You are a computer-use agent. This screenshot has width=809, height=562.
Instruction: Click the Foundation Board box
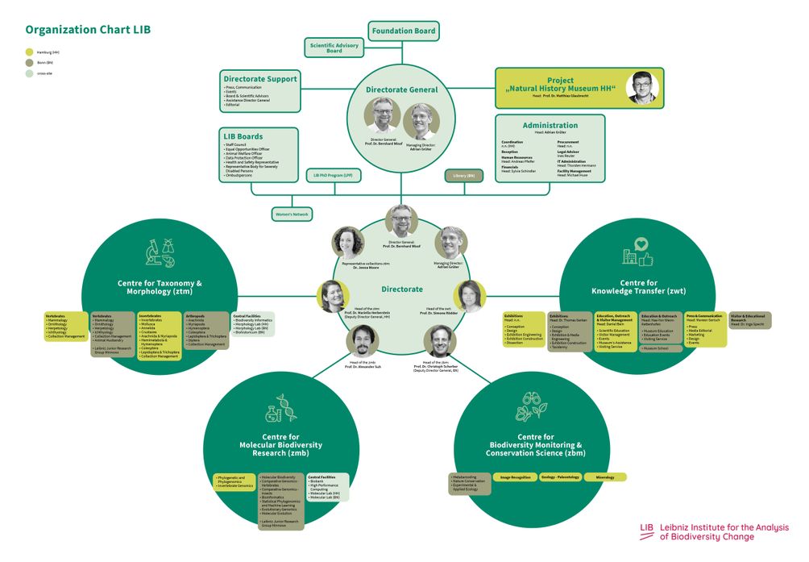(x=404, y=31)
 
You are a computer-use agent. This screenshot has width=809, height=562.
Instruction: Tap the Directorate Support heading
(x=260, y=79)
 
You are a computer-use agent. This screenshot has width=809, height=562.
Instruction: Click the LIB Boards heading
(x=243, y=136)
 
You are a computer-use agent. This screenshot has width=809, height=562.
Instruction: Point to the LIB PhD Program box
(x=334, y=175)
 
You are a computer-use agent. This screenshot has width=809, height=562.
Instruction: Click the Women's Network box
(x=292, y=214)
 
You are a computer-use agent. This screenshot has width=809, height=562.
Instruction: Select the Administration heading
(x=550, y=126)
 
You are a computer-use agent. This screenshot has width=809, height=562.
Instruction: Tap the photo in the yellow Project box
(x=641, y=87)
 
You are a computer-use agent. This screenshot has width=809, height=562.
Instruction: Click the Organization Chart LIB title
(x=88, y=31)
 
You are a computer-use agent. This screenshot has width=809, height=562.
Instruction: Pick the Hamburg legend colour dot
(x=30, y=52)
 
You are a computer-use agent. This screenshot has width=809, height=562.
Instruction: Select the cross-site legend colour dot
(x=30, y=73)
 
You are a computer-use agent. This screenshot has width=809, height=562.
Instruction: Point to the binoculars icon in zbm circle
(x=531, y=400)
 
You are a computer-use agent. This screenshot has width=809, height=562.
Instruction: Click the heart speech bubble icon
(x=641, y=244)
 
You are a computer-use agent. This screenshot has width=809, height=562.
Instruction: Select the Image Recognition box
(x=516, y=477)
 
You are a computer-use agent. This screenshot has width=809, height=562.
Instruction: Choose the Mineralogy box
(x=606, y=477)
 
